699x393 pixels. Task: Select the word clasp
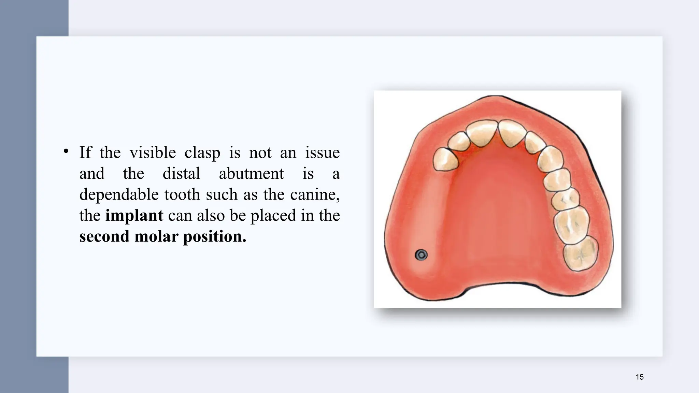click(x=202, y=152)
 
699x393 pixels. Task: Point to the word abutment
click(x=251, y=174)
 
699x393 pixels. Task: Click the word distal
click(x=181, y=174)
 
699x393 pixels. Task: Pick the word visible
click(x=153, y=152)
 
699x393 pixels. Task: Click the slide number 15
click(x=640, y=377)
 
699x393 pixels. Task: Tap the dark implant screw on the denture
click(x=421, y=255)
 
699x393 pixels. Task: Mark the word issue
click(x=322, y=152)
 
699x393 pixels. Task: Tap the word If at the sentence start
click(x=85, y=152)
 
